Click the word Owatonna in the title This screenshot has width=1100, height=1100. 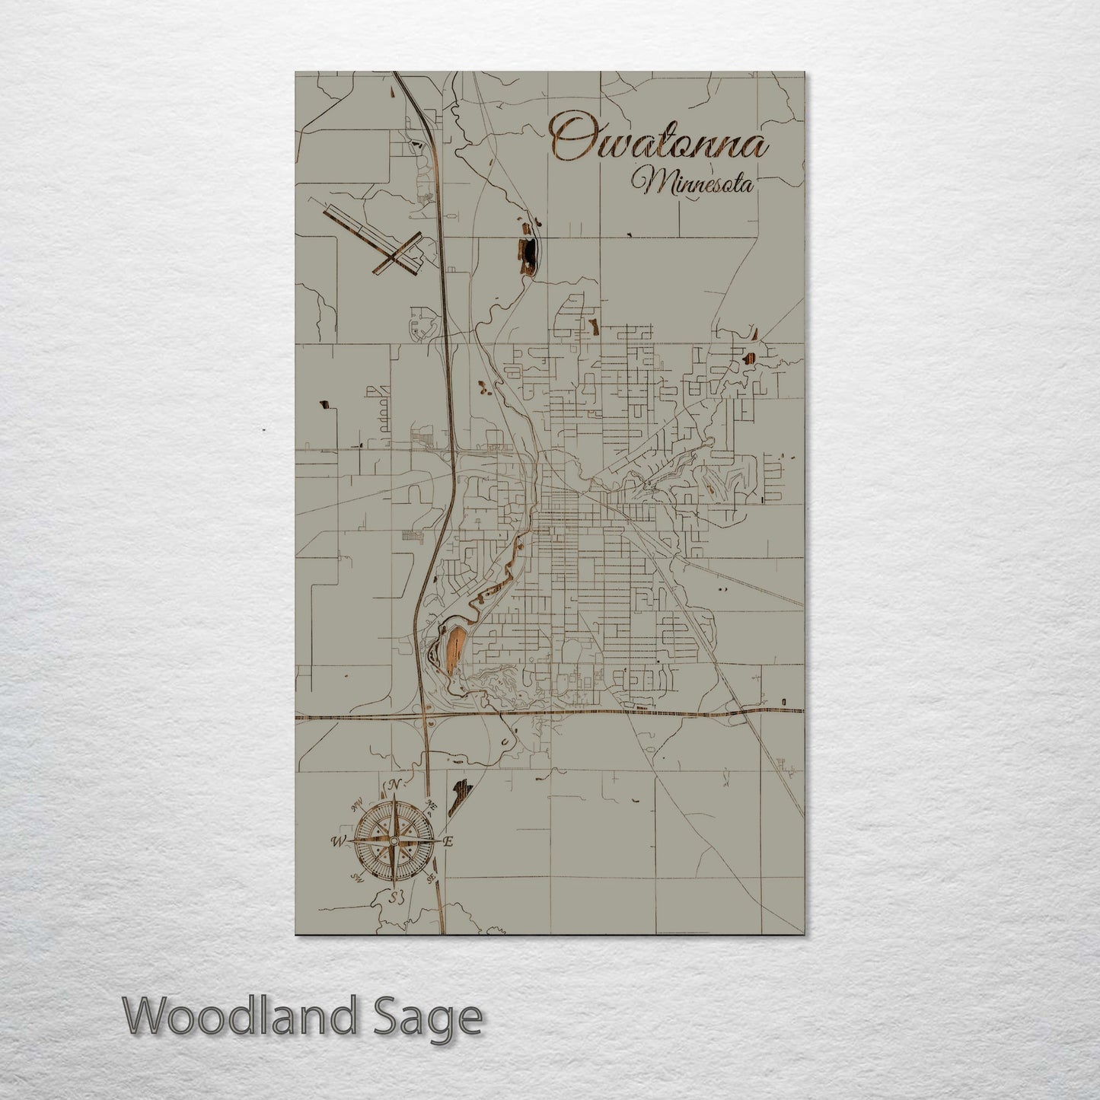tap(659, 142)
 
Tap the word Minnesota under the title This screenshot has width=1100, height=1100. tap(691, 183)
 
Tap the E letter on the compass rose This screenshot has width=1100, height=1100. tap(448, 841)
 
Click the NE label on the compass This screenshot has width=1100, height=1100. tap(432, 805)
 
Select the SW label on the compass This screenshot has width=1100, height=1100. tap(356, 878)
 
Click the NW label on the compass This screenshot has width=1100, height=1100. tap(356, 805)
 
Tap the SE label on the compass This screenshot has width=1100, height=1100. tap(432, 878)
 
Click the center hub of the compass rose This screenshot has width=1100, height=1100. tap(394, 841)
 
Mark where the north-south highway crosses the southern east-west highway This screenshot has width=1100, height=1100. tap(425, 717)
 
